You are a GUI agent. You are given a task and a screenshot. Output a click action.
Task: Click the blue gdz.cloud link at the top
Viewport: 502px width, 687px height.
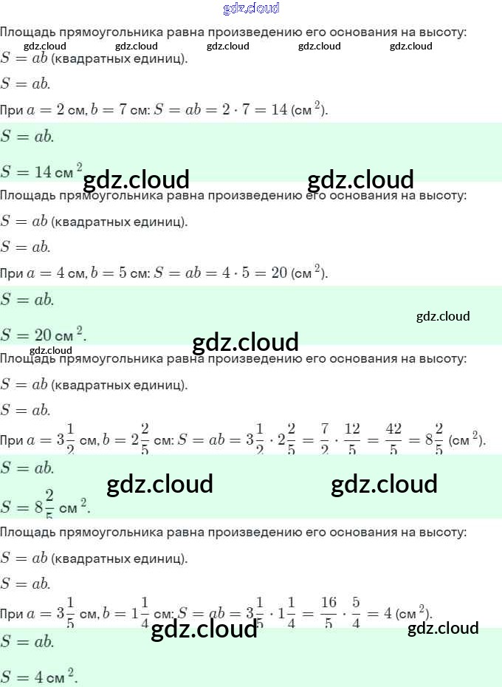coord(251,9)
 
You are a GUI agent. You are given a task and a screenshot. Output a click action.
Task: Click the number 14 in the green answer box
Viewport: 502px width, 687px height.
coord(43,171)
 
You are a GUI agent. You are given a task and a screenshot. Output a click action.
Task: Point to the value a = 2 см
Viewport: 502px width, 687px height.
coord(55,110)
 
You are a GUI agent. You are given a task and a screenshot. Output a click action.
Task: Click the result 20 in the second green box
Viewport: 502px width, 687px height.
coord(43,334)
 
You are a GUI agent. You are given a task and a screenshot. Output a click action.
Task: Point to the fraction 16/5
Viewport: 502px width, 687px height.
coord(329,613)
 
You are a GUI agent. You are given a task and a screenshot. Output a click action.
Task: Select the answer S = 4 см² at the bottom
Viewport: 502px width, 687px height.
coord(39,675)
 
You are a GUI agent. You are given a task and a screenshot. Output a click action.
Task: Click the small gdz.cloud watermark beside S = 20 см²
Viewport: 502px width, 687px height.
coord(51,350)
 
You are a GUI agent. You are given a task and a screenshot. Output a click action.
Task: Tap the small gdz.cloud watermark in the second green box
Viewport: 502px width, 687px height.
coord(443,316)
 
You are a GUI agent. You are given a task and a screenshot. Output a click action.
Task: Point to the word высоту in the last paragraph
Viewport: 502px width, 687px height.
coord(444,531)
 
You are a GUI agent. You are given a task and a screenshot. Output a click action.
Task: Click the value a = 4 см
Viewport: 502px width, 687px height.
coord(55,273)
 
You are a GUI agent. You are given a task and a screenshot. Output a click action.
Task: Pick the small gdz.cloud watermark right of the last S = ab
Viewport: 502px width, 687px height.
coord(443,628)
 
